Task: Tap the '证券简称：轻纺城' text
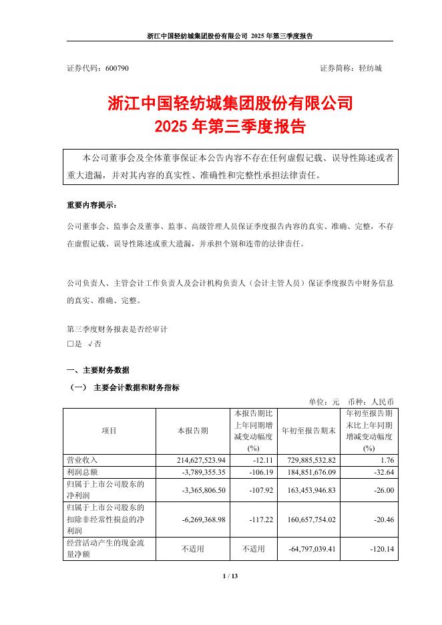point(351,68)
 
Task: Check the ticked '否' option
point(93,345)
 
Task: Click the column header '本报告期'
point(192,431)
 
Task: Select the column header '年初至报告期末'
point(308,431)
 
